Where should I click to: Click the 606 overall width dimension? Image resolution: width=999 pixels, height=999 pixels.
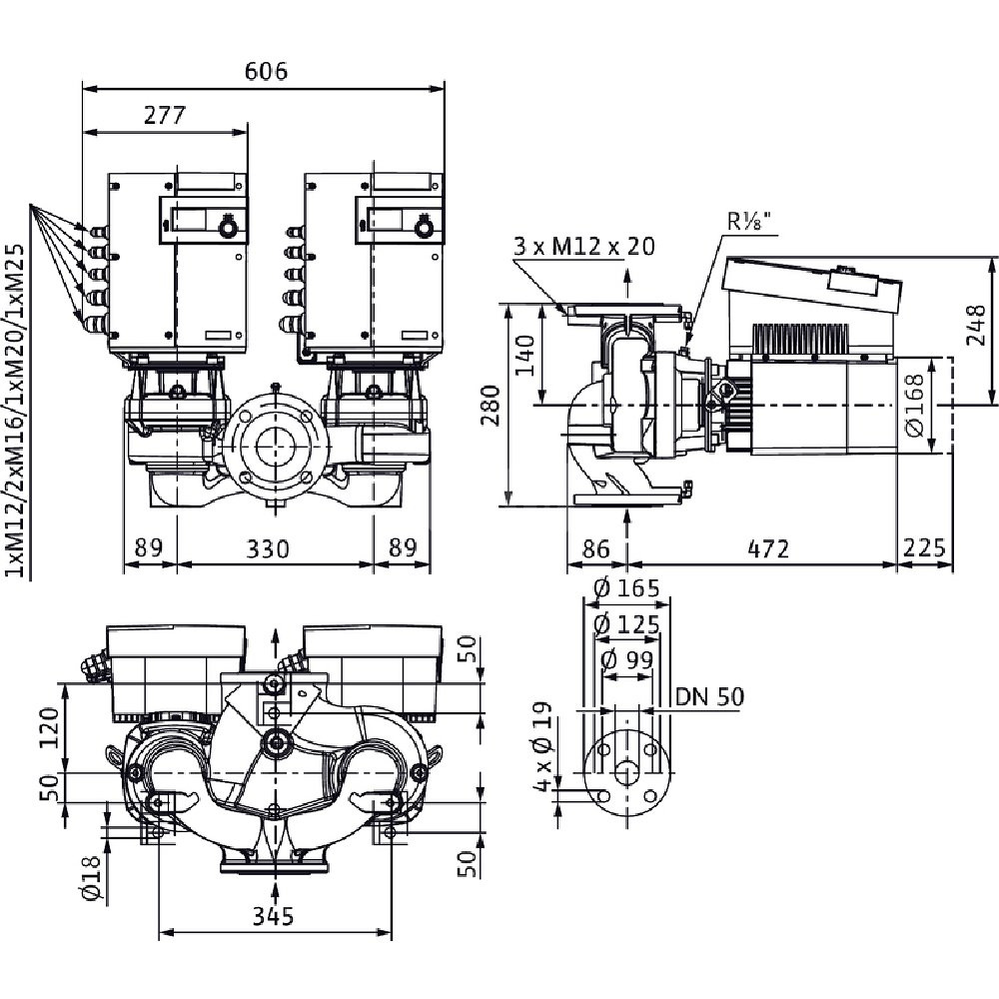coord(266,72)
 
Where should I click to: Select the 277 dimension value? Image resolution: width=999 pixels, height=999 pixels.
coord(165,115)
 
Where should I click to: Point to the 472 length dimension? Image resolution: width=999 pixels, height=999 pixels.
coord(769,548)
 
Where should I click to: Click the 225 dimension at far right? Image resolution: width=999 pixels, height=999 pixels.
coord(924,548)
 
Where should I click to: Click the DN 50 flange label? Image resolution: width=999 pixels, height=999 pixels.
coord(709,696)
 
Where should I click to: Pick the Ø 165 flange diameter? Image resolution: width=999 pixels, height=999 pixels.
coord(626,588)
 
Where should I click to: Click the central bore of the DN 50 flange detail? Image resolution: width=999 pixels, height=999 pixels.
coord(626,773)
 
